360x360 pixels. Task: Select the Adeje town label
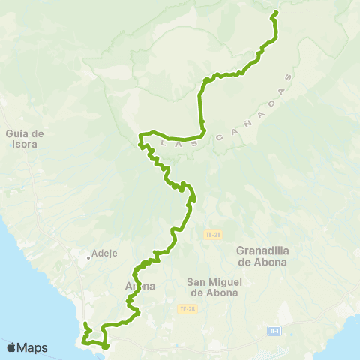[x=105, y=253]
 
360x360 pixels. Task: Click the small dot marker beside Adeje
[x=88, y=257]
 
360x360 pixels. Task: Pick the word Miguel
[x=217, y=282]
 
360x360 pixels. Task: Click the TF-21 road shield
[x=212, y=235]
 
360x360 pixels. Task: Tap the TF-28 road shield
[x=186, y=308]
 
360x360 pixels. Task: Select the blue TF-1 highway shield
[x=274, y=329]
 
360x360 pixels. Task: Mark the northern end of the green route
[x=276, y=13]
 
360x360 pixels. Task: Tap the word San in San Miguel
[x=196, y=282]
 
